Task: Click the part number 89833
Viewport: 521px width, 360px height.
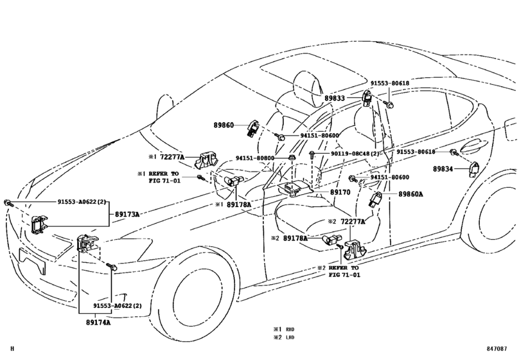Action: [334, 98]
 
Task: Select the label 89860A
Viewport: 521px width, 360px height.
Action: [411, 194]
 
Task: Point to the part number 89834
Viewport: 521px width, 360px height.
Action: [443, 168]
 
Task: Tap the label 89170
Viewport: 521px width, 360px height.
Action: [340, 192]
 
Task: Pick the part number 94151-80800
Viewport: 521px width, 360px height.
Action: [254, 158]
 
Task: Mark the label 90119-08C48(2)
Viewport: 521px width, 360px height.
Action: [354, 154]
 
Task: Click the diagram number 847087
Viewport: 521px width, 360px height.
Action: [500, 348]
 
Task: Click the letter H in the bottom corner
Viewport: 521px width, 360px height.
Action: [12, 348]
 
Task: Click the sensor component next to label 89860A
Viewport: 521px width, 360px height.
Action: [376, 199]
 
